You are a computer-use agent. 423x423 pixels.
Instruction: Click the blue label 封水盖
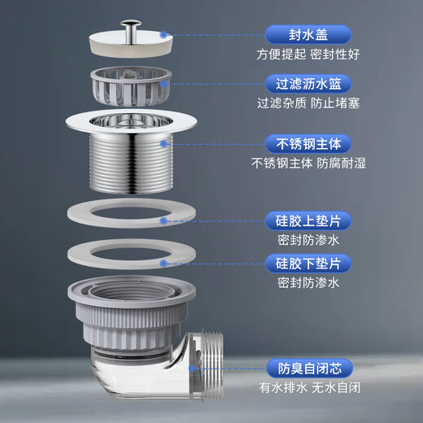[x=308, y=34]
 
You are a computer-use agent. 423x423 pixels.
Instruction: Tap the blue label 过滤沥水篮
[x=308, y=84]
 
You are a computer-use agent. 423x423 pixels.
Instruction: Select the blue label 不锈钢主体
[x=308, y=144]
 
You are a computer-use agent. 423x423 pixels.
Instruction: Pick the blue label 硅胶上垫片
[x=308, y=220]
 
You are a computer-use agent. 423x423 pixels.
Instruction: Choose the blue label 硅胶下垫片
[x=308, y=263]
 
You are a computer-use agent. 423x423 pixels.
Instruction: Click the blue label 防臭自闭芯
[x=308, y=367]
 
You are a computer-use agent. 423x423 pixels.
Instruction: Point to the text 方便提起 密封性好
[x=308, y=55]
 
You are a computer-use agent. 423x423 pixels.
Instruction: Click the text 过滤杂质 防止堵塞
[x=308, y=104]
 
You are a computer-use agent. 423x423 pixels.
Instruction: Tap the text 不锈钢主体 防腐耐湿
[x=308, y=164]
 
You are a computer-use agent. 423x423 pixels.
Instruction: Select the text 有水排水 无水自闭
[x=308, y=387]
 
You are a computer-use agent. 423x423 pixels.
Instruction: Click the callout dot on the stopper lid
[x=164, y=35]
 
